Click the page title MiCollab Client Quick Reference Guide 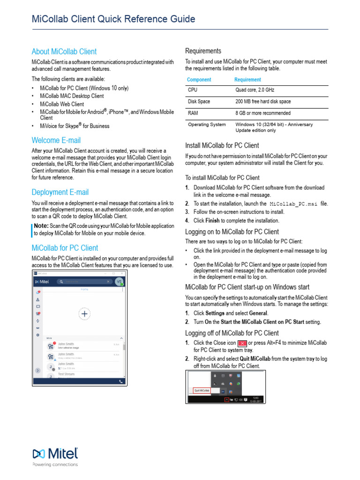tap(113, 19)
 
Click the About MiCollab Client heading tap(64, 52)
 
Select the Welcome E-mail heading tap(56, 140)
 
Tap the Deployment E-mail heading tap(60, 192)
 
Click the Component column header tap(199, 80)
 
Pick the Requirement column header tap(247, 80)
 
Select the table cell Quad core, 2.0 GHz tap(255, 90)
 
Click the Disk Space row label tap(199, 101)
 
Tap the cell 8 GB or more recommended tap(262, 113)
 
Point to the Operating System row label tap(207, 125)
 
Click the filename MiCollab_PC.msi tap(294, 204)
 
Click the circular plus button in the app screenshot tap(84, 315)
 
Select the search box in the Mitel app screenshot tap(84, 282)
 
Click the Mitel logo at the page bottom tap(55, 454)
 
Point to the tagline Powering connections tap(55, 465)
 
